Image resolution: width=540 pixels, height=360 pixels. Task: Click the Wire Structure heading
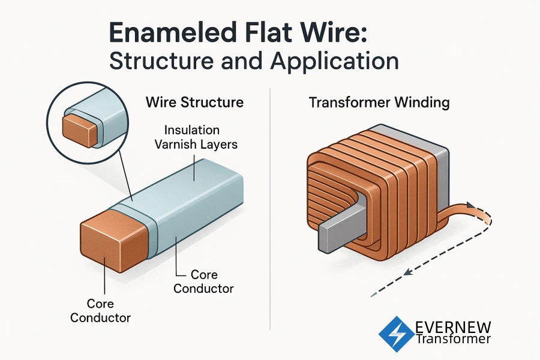tap(194, 102)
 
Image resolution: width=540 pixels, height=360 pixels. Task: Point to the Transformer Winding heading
tap(379, 102)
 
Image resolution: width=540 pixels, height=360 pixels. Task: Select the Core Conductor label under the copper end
tap(100, 311)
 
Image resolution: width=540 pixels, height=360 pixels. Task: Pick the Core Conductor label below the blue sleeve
tap(203, 281)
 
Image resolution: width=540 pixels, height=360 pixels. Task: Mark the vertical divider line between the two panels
tap(271, 210)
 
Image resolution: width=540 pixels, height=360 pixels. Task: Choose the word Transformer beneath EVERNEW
tap(453, 340)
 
